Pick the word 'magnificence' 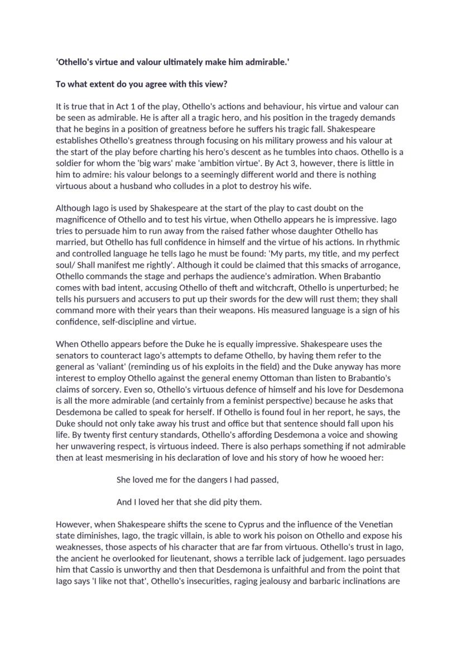pyautogui.click(x=80, y=220)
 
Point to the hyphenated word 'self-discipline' pyautogui.click(x=123, y=322)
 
